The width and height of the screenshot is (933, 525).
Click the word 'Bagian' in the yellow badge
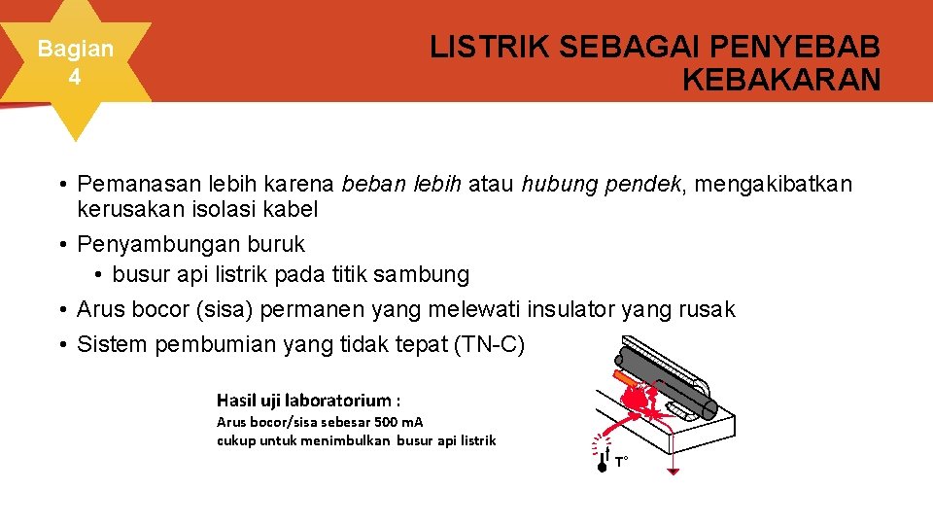[75, 49]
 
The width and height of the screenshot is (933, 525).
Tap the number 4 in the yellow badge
[75, 76]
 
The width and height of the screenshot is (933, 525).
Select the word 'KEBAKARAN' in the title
[781, 80]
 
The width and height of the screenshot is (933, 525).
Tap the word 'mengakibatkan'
[775, 183]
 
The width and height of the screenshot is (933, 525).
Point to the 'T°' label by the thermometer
[621, 462]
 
